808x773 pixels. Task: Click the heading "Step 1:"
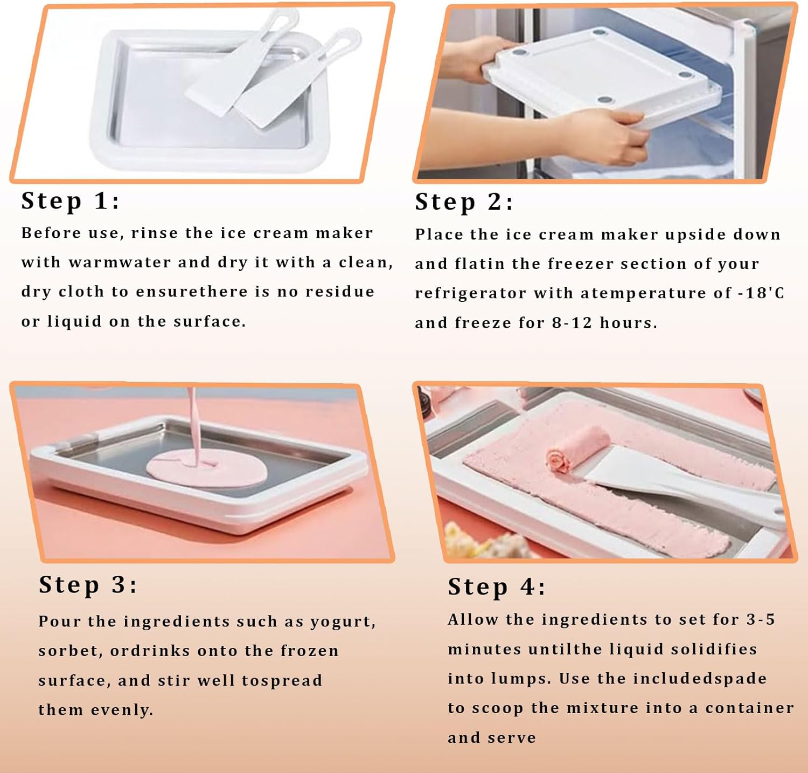70,201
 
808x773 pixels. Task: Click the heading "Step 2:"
464,202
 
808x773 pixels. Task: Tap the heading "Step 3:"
88,585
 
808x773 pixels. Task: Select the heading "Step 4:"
497,587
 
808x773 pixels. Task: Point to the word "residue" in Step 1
340,292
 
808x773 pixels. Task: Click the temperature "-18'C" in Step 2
761,293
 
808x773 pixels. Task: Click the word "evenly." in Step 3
122,710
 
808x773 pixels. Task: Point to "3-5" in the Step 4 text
760,620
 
